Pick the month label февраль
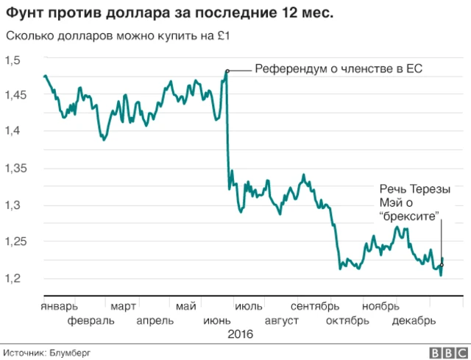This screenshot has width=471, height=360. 91,320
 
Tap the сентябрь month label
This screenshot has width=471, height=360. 315,306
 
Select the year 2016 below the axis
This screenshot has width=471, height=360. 240,334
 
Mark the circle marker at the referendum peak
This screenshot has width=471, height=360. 227,71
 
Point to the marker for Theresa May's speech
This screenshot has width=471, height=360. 442,265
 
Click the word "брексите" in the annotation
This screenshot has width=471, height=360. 409,216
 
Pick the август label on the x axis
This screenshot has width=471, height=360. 280,320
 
